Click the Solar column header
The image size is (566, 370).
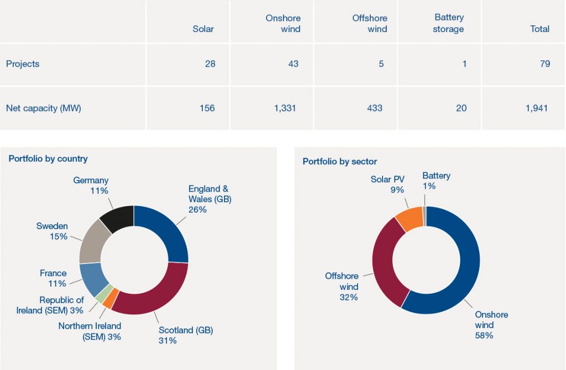coord(203,29)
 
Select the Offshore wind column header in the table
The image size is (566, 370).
coord(370,23)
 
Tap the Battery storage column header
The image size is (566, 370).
coord(449,23)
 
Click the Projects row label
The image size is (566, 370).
coord(23,64)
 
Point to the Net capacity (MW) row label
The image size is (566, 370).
coord(44,108)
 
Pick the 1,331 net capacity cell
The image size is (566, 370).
coord(285,108)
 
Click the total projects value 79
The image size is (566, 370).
coord(545,64)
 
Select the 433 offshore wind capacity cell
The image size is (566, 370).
coord(374,108)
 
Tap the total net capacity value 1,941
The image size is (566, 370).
coord(537,108)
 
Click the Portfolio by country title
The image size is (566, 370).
coord(48,158)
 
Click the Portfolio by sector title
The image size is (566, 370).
coord(339,161)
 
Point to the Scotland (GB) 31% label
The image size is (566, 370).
coord(185,335)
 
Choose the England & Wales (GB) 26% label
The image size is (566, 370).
coord(209,199)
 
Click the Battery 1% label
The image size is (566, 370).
coord(436,181)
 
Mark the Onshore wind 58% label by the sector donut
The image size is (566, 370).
coord(491,325)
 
